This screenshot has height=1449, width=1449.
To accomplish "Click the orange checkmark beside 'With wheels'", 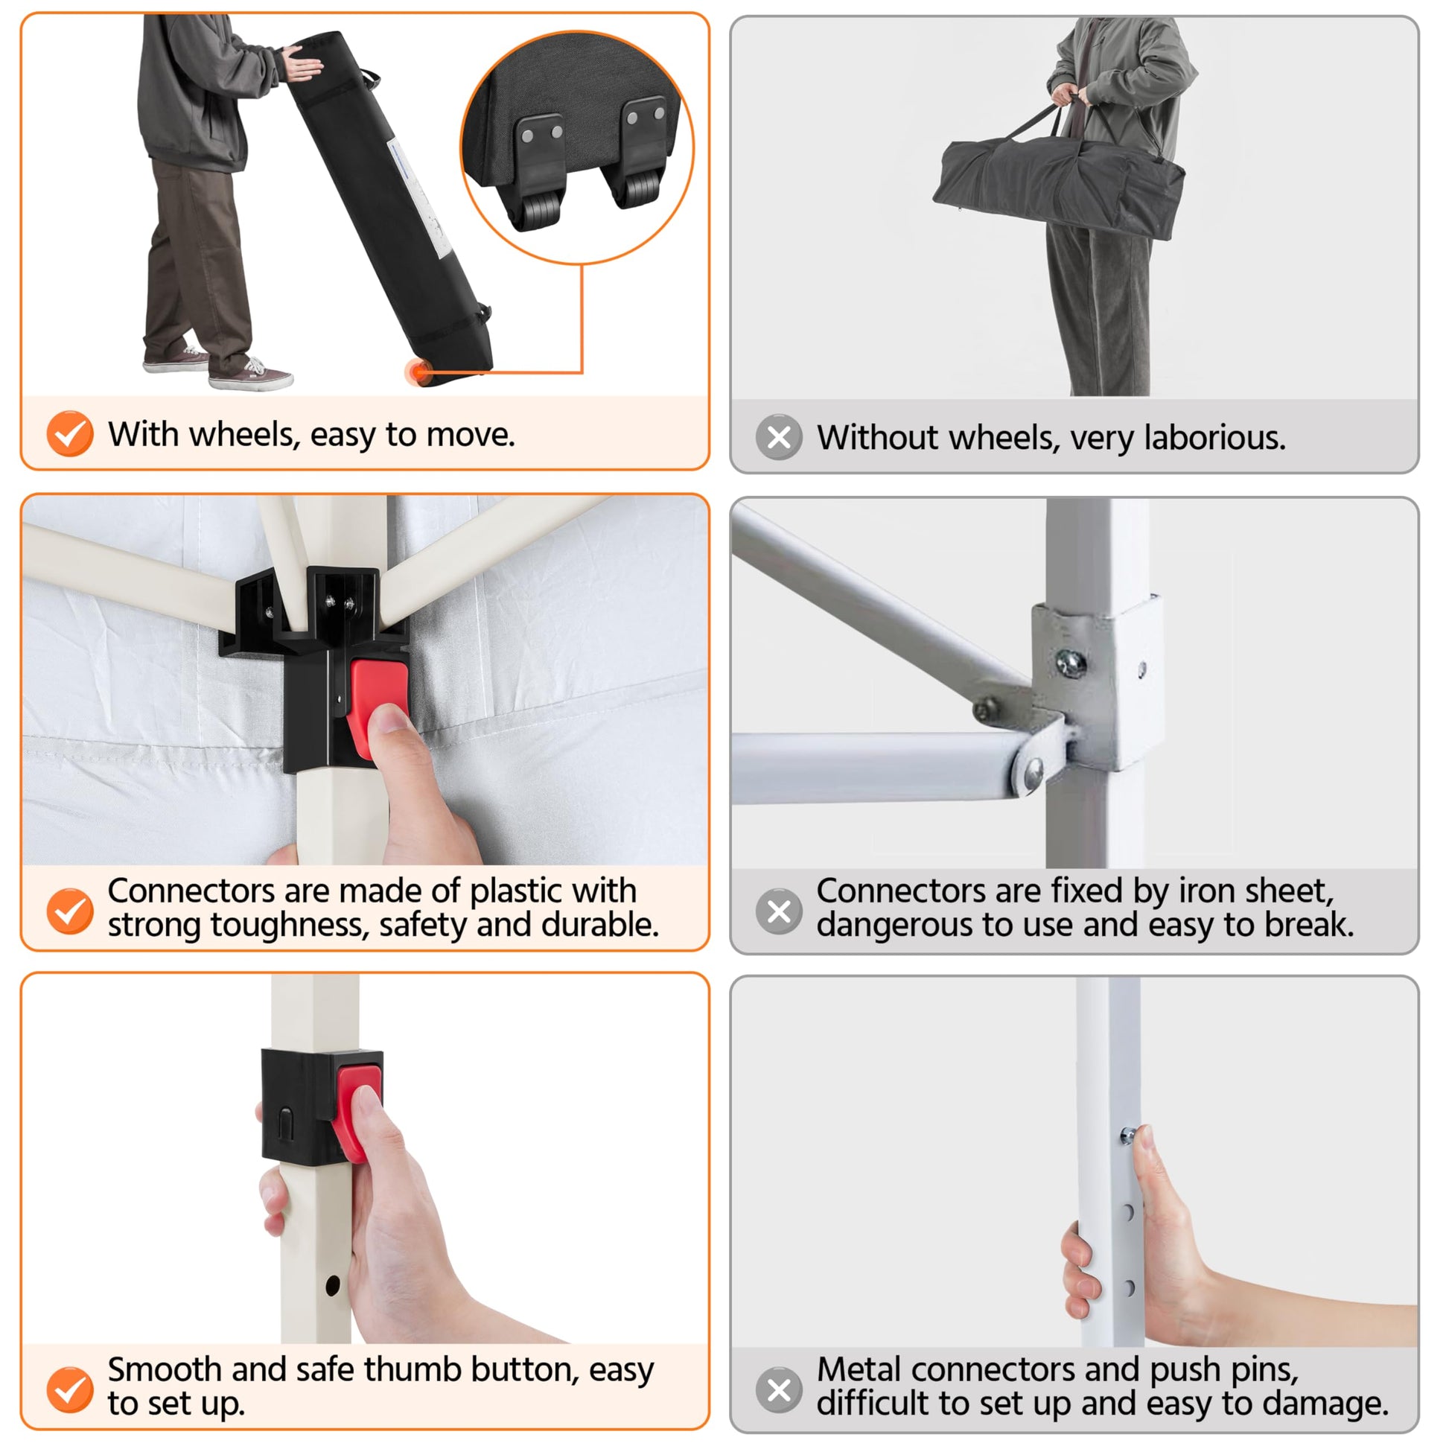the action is (70, 433).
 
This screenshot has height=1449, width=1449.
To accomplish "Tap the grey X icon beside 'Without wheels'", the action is (780, 436).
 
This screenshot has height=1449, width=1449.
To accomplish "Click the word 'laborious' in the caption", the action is (1214, 438).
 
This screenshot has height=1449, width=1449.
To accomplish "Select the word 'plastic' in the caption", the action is (516, 892).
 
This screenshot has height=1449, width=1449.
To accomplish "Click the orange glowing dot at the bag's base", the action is (416, 372).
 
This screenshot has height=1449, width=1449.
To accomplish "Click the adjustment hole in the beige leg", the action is (333, 1286).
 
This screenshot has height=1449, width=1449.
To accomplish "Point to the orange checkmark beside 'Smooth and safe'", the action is (70, 1389).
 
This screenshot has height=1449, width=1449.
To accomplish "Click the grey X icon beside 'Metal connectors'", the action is (780, 1389).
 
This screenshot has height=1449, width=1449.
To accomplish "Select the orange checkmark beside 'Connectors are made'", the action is (70, 911).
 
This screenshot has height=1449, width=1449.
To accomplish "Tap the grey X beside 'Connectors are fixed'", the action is (780, 911).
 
